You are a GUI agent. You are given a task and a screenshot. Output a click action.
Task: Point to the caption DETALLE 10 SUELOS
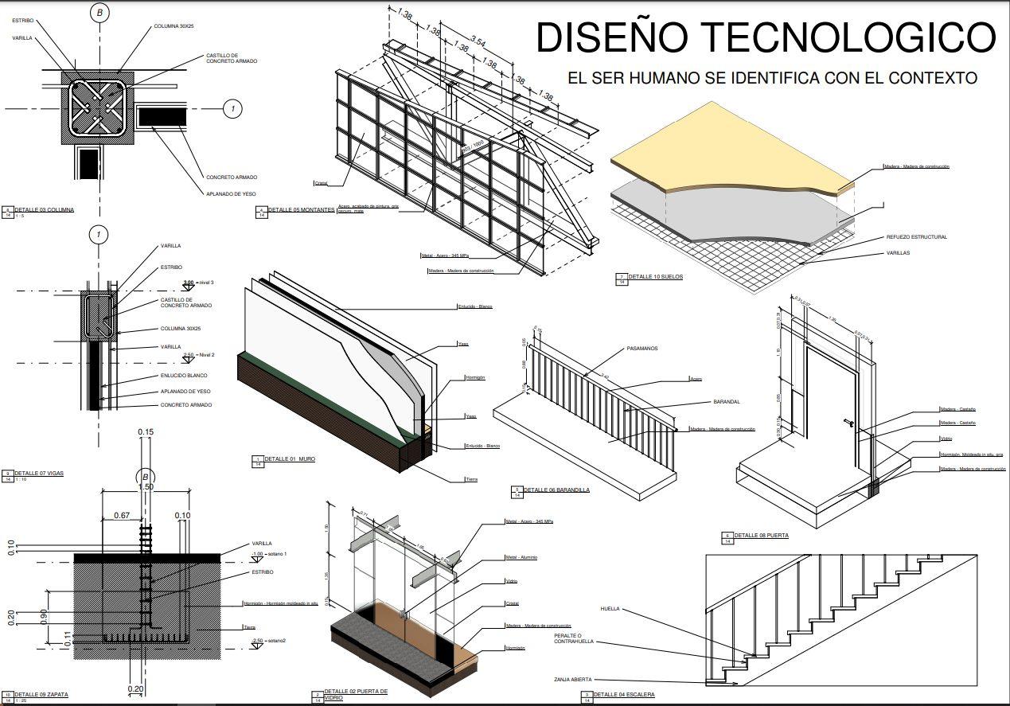point(655,277)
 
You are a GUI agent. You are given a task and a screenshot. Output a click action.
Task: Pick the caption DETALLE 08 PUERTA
point(761,536)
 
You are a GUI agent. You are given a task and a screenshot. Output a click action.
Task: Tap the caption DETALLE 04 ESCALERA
point(624,695)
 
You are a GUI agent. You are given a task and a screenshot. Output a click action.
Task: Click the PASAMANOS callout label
point(642,349)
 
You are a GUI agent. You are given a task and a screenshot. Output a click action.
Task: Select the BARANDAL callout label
point(727,402)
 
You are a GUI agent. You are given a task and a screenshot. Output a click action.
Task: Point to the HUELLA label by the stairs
point(610,610)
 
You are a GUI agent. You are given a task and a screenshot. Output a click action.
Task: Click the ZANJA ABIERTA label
point(573,680)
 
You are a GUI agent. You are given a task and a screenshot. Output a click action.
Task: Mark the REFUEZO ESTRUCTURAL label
point(916,237)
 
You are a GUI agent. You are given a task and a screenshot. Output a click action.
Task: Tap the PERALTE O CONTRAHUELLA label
point(574,638)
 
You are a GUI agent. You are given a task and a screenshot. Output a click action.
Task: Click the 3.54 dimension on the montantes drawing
point(478,41)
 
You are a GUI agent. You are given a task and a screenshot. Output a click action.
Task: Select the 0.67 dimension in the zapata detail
point(122,516)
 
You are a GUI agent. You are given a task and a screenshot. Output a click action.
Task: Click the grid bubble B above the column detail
point(99,13)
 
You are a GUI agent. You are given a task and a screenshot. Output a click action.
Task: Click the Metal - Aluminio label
point(521,557)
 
